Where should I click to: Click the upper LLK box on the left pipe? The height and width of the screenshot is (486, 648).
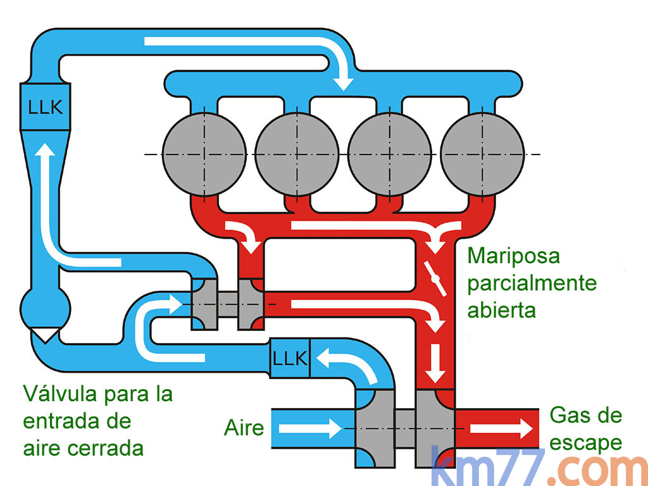pyautogui.click(x=46, y=107)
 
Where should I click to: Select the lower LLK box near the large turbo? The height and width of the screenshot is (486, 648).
pyautogui.click(x=290, y=359)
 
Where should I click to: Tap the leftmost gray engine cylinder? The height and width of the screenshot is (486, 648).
pyautogui.click(x=203, y=153)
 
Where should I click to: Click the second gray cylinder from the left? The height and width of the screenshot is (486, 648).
pyautogui.click(x=297, y=153)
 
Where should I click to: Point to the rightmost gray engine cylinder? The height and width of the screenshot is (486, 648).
pyautogui.click(x=482, y=153)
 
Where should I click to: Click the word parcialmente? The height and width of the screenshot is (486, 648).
pyautogui.click(x=532, y=283)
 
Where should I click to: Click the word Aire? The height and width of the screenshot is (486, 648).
pyautogui.click(x=244, y=428)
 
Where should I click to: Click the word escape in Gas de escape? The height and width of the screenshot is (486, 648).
pyautogui.click(x=585, y=443)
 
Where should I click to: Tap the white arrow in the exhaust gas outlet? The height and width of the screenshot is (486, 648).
pyautogui.click(x=501, y=428)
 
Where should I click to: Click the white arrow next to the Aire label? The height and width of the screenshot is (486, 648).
pyautogui.click(x=311, y=428)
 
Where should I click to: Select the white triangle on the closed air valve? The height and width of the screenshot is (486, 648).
pyautogui.click(x=46, y=334)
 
